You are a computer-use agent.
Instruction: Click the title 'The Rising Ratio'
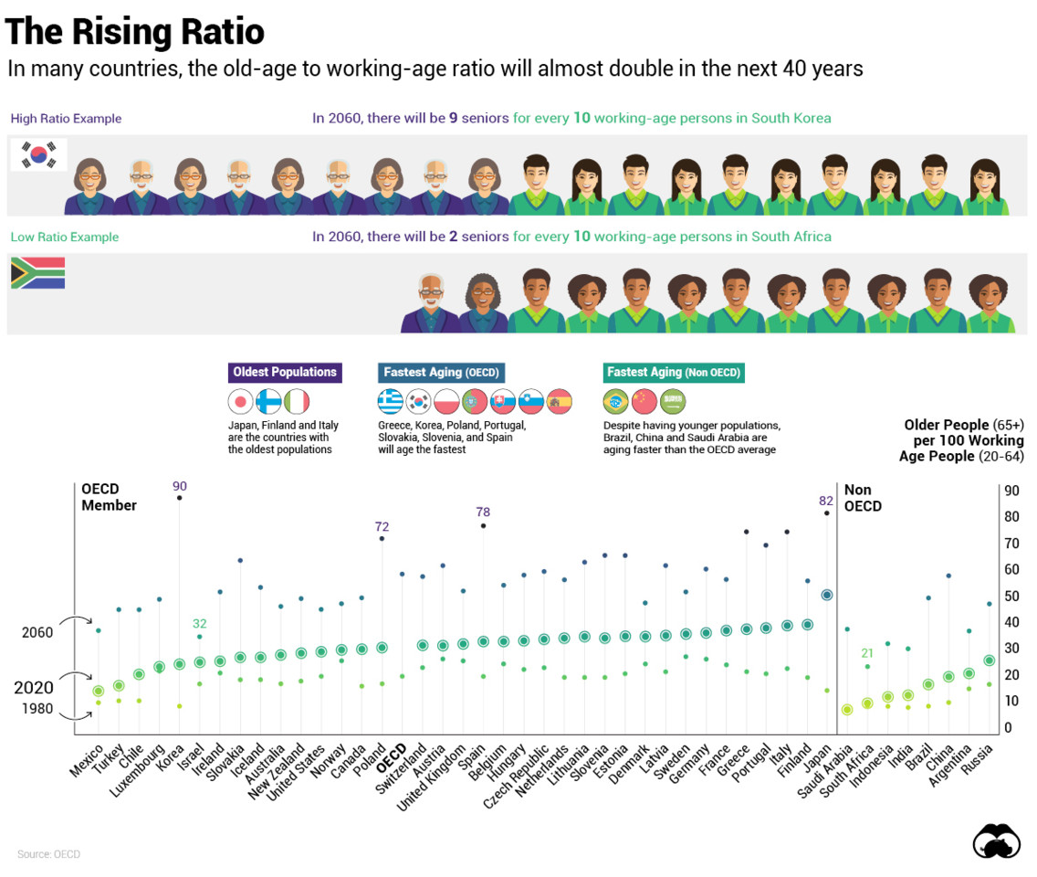point(135,32)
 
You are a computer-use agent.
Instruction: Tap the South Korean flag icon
point(37,153)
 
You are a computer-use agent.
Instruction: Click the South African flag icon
point(37,273)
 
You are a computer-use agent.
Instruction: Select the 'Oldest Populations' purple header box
point(285,372)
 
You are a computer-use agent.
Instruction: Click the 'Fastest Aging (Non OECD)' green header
point(674,372)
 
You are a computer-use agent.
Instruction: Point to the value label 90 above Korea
point(179,486)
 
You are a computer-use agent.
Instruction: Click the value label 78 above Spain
point(482,513)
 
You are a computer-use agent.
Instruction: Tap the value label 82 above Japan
point(827,501)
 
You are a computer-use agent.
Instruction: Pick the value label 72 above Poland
point(382,527)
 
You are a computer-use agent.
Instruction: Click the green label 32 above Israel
point(200,624)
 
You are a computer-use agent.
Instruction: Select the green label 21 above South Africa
point(867,652)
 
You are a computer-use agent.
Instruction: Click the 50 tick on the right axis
point(1011,597)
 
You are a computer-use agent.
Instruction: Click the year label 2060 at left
point(38,632)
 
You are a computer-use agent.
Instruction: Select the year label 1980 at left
point(38,709)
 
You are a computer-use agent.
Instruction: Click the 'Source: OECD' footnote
point(48,854)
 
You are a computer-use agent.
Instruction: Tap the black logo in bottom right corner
point(996,841)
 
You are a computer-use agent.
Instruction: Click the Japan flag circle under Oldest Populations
point(240,401)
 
